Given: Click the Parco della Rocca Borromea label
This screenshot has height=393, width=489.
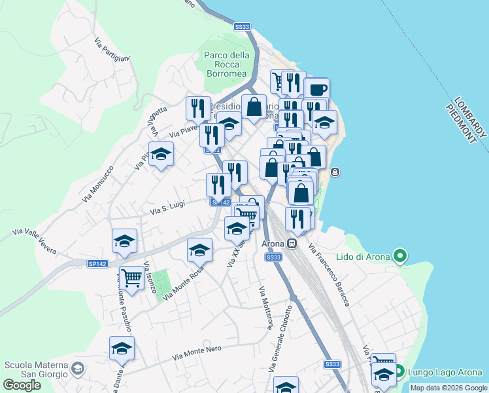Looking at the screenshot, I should (x=227, y=65).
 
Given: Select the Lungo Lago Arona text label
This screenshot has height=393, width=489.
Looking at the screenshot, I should (x=445, y=373).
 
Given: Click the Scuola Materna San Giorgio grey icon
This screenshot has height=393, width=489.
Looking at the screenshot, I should (x=78, y=369).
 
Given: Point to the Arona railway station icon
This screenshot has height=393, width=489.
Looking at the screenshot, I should (x=292, y=244).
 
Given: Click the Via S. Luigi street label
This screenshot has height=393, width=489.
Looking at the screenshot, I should (x=168, y=207).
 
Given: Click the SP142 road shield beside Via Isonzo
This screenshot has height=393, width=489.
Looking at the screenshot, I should (x=97, y=263).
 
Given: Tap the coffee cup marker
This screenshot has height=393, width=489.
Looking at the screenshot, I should (x=317, y=90).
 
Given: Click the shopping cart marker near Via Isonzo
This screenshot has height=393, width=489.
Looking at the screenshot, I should (x=132, y=278).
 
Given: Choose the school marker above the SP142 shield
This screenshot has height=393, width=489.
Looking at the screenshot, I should (x=124, y=240).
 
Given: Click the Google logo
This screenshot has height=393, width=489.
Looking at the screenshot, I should (x=22, y=385).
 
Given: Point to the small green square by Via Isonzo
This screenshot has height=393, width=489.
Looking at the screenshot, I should (x=161, y=282).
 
